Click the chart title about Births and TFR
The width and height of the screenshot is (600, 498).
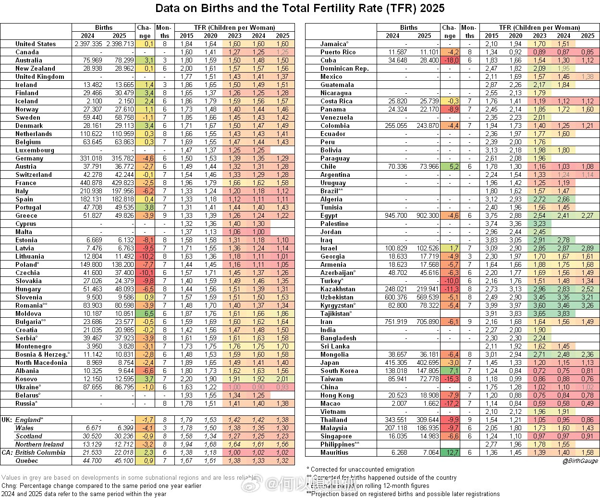[x=300, y=9]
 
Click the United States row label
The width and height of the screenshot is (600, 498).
[x=36, y=44]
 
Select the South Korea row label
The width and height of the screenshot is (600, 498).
[x=340, y=371]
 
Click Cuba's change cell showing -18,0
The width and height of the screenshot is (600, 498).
[x=451, y=60]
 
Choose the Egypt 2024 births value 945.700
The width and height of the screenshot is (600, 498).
[x=396, y=215]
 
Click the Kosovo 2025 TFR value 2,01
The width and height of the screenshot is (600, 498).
[x=282, y=379]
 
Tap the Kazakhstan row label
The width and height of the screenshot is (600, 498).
[x=338, y=289]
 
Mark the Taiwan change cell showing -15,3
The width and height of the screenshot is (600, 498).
[x=450, y=379]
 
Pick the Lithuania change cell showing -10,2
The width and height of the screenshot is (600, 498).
[x=145, y=256]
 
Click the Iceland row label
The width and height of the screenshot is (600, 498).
[x=26, y=101]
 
